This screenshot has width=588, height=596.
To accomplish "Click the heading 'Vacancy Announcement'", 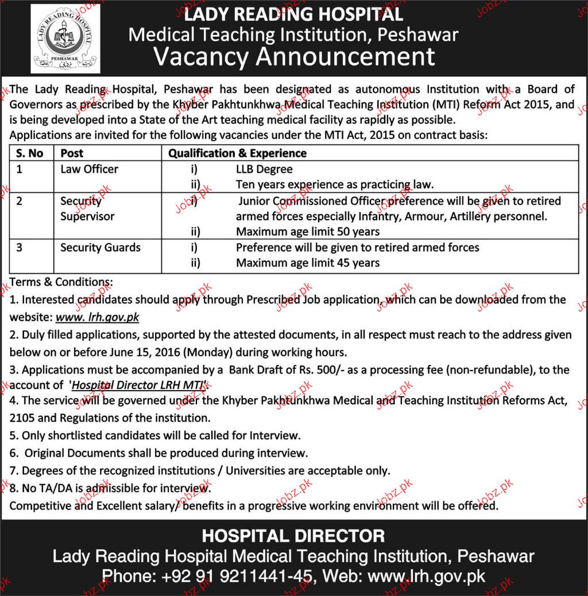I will pos(293,57).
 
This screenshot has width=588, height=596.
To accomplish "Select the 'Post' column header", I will pos(72,153).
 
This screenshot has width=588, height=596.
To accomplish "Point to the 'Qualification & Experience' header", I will pos(237,153).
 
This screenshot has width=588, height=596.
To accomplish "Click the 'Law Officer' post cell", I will pos(89,169).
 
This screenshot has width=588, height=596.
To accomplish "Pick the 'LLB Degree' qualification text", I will pos(264,169).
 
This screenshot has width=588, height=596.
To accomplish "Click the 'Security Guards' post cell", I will pos(100,248).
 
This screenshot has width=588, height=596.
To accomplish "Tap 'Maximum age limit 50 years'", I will pos(308,232).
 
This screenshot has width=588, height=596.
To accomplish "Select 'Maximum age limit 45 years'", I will pos(308,263).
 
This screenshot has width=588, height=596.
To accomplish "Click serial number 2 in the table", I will pos(19,201).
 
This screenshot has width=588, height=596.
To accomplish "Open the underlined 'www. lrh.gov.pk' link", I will pos(97,317).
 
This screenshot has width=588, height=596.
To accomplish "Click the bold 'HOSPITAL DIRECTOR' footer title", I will pos(293,537).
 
